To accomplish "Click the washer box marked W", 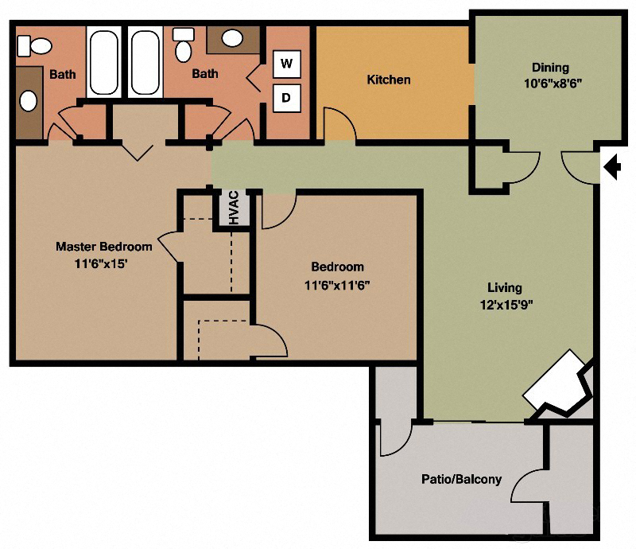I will [286, 62].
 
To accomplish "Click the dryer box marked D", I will [286, 99].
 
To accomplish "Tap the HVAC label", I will [235, 208].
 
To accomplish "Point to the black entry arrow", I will [612, 167].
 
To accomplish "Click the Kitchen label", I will [389, 80].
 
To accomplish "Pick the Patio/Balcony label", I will [461, 479].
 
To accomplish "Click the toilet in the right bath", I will [184, 47].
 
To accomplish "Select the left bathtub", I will [103, 63].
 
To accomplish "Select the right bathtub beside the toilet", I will [145, 63].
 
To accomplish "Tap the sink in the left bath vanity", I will [29, 101].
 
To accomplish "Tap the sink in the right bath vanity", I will [232, 38].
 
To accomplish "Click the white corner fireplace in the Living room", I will [556, 384].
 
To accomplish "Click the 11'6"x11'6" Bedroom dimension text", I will [337, 285].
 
